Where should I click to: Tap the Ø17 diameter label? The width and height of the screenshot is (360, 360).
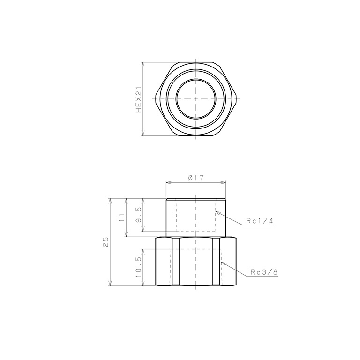pyautogui.click(x=196, y=178)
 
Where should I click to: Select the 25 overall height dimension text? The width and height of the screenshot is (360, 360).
pyautogui.click(x=106, y=242)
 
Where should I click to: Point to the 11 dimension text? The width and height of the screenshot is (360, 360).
pyautogui.click(x=122, y=217)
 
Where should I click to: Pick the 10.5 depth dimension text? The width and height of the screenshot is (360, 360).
pyautogui.click(x=139, y=267)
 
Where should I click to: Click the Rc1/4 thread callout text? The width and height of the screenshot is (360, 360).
pyautogui.click(x=260, y=221)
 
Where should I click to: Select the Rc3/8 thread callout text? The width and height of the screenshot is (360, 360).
pyautogui.click(x=264, y=272)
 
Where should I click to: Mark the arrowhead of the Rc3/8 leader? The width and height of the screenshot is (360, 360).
pyautogui.click(x=223, y=263)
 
